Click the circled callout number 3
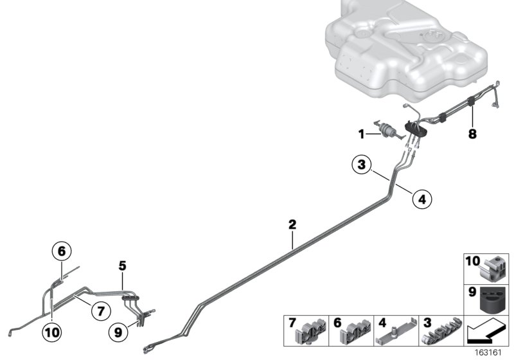[x=361, y=165]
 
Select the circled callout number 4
[x=422, y=199]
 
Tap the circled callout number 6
[x=62, y=251]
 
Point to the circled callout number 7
[x=101, y=310]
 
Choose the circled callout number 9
[x=118, y=332]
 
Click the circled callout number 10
[x=52, y=332]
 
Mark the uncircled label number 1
[x=361, y=134]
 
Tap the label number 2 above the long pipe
[x=292, y=224]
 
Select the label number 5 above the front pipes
[x=122, y=266]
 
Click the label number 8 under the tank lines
[x=472, y=134]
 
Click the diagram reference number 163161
[x=488, y=353]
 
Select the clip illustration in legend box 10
[x=493, y=269]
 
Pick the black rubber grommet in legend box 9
[x=493, y=299]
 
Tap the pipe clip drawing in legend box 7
[x=311, y=331]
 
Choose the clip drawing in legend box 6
[x=356, y=331]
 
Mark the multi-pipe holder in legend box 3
[x=441, y=331]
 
